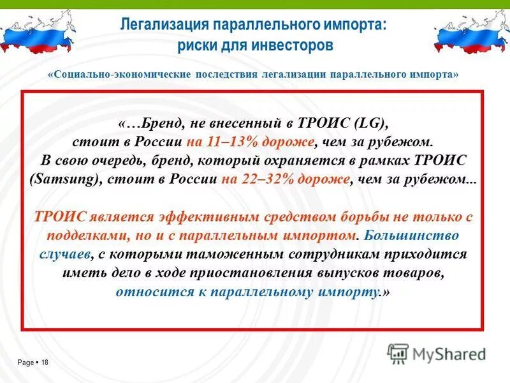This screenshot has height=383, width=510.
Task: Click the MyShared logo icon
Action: [x=398, y=353]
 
